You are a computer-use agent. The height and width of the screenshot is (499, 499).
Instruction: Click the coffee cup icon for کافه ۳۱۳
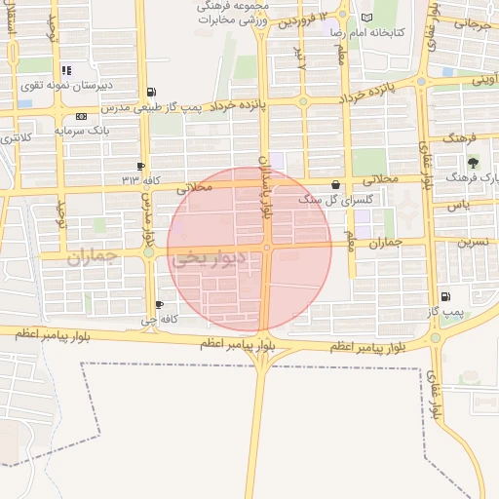tap(141, 167)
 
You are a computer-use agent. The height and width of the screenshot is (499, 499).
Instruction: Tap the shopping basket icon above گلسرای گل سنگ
tap(336, 184)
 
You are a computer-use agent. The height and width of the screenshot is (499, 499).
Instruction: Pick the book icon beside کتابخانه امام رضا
tap(366, 18)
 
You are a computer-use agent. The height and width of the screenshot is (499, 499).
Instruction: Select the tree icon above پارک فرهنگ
tap(474, 163)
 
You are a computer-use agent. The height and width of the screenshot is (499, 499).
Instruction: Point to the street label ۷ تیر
tap(300, 58)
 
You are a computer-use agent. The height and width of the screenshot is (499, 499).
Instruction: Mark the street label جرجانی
tap(465, 23)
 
